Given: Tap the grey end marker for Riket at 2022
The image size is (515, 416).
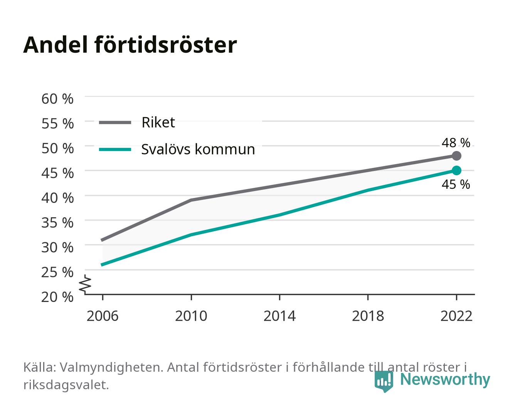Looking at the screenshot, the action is [x=456, y=156].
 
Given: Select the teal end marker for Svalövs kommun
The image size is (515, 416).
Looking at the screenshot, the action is [x=456, y=171].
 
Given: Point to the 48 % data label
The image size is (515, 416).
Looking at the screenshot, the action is [x=456, y=143].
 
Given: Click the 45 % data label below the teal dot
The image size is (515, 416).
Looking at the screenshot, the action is [x=456, y=185].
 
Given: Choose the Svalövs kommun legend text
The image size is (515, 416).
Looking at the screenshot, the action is [x=198, y=149].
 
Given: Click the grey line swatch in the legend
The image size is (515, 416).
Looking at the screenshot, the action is [x=115, y=123].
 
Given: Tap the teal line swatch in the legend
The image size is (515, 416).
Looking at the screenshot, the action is [x=115, y=149].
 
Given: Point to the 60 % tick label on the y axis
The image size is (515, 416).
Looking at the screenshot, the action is [x=57, y=99].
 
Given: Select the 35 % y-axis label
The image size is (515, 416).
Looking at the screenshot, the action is [x=57, y=223].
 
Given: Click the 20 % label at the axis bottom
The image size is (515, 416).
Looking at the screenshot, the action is [x=57, y=297].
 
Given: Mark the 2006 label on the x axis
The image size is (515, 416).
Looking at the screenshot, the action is [x=103, y=316].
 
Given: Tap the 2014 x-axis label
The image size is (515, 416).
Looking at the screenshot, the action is [x=279, y=316].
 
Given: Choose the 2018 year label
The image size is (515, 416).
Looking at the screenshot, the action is [x=368, y=316].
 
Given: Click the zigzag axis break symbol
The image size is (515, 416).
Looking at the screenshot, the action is [x=85, y=285].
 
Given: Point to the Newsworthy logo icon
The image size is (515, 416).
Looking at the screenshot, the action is [x=384, y=381].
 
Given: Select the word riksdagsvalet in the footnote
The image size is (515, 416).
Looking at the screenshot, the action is [x=66, y=385].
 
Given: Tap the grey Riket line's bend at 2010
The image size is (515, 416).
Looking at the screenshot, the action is [x=191, y=200].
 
